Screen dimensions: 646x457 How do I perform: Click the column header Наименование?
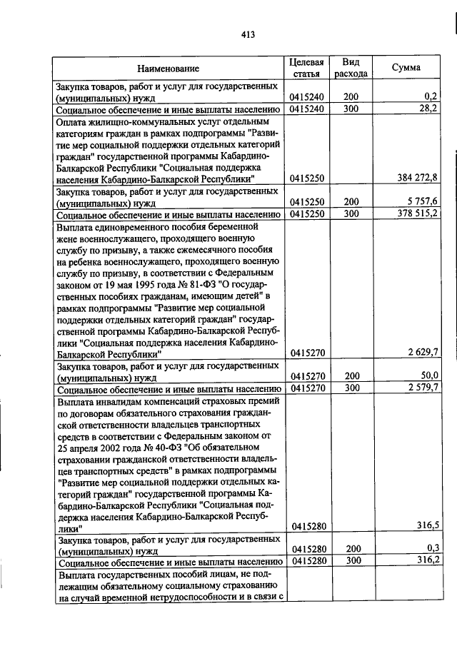(169, 69)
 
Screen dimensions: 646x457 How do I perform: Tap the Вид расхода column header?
(351, 68)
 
